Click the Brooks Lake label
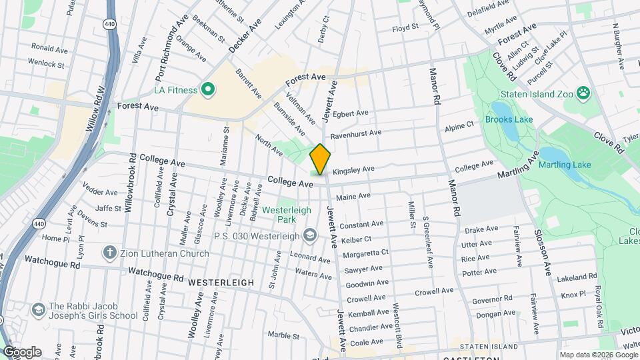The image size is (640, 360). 509,120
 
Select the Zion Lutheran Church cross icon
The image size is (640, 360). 110,253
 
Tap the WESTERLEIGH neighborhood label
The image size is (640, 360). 221,283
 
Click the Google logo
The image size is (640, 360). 21,352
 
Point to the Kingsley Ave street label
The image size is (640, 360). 351,170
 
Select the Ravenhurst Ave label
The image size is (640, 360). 356,133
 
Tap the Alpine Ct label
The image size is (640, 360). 459,125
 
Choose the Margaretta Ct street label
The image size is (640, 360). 365,253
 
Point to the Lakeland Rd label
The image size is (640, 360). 577,277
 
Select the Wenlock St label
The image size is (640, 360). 46,65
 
